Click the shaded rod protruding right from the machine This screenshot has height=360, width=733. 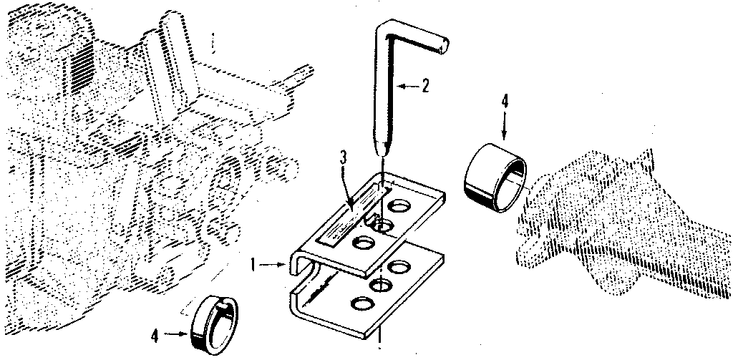pyautogui.click(x=301, y=74)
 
